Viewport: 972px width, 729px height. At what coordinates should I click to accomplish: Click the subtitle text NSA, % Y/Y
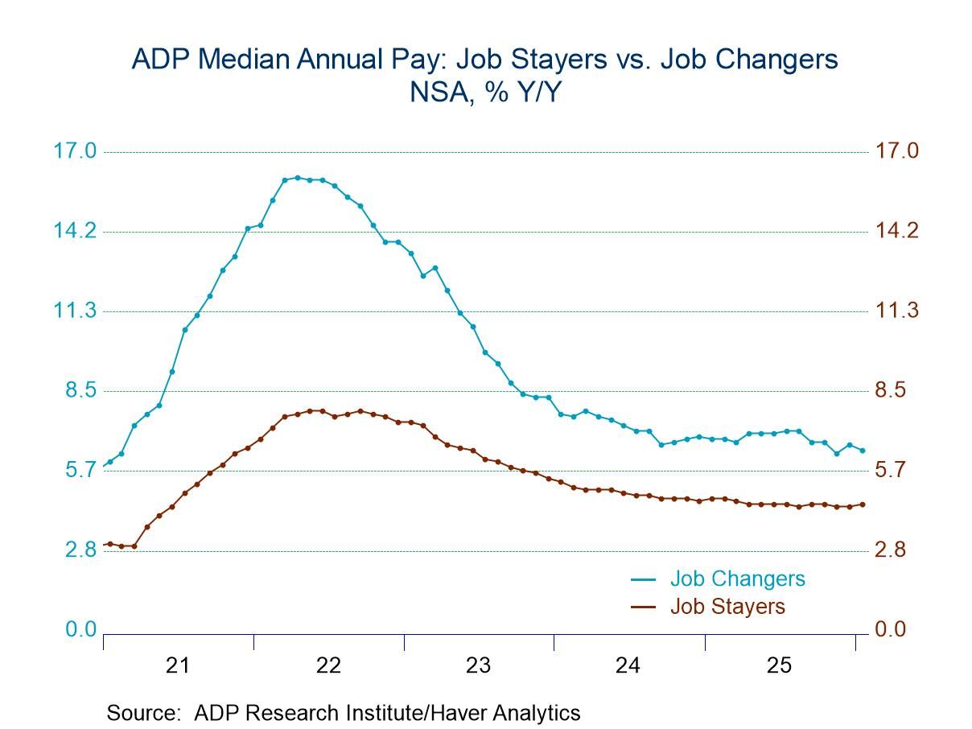coord(485,93)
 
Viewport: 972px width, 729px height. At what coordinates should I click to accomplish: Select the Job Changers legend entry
coord(737,579)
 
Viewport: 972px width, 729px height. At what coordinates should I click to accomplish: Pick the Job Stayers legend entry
coord(727,606)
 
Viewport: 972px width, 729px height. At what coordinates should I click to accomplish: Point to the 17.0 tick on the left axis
coord(74,151)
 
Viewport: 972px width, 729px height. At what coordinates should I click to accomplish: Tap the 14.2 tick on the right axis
coord(896,232)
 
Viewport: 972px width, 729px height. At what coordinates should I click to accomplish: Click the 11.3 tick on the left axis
coord(74,311)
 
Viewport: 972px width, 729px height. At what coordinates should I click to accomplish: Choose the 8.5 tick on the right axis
coord(891,391)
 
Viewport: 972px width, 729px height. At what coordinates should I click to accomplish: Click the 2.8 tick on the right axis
coord(891,550)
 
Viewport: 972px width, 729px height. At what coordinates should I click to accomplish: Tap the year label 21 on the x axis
coord(178,665)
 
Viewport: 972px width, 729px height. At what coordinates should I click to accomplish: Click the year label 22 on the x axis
coord(328,665)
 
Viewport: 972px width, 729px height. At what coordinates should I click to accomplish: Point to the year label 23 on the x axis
coord(478,665)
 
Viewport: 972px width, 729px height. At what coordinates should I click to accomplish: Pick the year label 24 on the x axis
coord(628,665)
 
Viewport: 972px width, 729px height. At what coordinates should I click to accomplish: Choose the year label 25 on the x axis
coord(778,665)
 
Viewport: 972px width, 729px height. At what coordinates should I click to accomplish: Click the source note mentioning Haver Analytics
coord(343,713)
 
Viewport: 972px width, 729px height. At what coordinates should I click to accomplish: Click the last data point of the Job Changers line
coord(863,451)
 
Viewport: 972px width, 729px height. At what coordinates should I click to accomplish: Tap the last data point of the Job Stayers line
coord(863,505)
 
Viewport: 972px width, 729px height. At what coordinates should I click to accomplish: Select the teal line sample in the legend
coord(644,579)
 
